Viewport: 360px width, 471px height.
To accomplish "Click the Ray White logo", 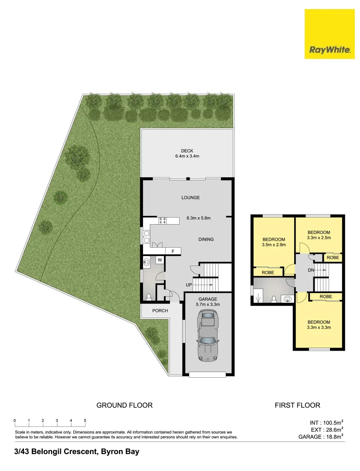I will pyautogui.click(x=330, y=34).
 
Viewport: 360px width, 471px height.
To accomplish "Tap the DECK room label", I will pyautogui.click(x=187, y=151).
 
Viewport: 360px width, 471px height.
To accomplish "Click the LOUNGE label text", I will pyautogui.click(x=190, y=198).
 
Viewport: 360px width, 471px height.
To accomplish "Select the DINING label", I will pyautogui.click(x=206, y=239).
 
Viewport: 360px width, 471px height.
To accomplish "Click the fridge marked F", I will pyautogui.click(x=173, y=251).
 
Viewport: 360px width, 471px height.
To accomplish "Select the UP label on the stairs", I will pyautogui.click(x=189, y=285).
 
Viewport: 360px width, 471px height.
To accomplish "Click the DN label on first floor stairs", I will pyautogui.click(x=311, y=270).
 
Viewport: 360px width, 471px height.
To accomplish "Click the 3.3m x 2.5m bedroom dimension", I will pyautogui.click(x=319, y=238).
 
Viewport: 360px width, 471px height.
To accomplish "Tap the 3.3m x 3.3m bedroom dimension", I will pyautogui.click(x=319, y=328).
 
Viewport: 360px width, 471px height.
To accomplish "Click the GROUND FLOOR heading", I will pyautogui.click(x=124, y=405).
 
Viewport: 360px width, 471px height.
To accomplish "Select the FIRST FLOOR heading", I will pyautogui.click(x=297, y=405).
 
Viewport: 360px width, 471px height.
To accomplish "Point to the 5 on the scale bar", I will pyautogui.click(x=85, y=420).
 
